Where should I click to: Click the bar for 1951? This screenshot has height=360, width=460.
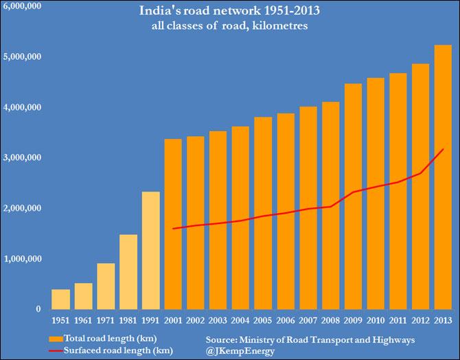point(60,300)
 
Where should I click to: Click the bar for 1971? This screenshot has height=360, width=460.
point(106,286)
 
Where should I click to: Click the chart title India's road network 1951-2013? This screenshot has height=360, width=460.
point(230,12)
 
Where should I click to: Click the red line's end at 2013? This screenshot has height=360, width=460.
point(443,148)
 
